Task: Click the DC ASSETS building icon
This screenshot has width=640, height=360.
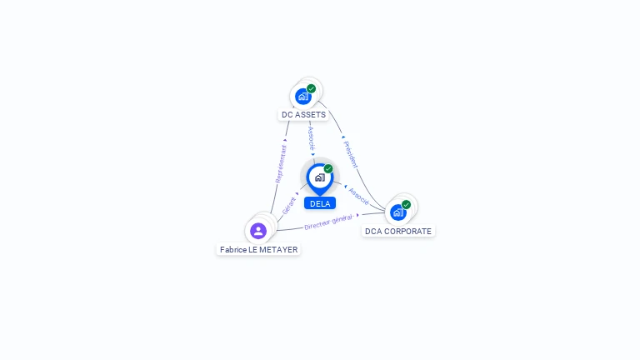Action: [303, 97]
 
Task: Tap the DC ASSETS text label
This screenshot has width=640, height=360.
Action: [303, 115]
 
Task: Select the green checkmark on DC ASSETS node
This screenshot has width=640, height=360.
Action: [312, 88]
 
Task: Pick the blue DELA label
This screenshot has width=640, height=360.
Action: [320, 203]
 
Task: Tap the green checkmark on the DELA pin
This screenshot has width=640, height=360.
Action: [328, 168]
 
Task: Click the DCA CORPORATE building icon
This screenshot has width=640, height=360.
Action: [398, 212]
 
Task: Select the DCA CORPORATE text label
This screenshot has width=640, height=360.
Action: [398, 231]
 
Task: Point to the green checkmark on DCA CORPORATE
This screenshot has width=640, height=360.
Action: [406, 204]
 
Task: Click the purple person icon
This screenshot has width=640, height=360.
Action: [258, 231]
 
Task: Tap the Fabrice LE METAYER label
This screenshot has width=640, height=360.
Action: [259, 249]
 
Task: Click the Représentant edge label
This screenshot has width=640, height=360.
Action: [281, 164]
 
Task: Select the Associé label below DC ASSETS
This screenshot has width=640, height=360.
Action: [312, 138]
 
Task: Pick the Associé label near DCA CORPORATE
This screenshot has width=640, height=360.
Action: [359, 197]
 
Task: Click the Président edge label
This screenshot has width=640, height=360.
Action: [351, 154]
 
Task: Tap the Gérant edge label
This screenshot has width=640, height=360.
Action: [288, 205]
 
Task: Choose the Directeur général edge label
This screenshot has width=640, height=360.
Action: [328, 222]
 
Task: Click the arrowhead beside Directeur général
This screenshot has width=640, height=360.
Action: [358, 215]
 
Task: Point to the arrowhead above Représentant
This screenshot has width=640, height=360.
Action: [285, 140]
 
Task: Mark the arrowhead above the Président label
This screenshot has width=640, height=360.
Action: [343, 137]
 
